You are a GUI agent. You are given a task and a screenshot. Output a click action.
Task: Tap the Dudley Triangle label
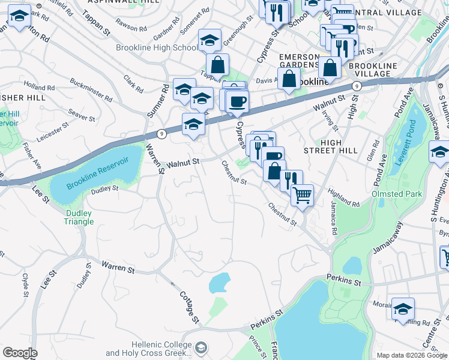[x=79, y=217]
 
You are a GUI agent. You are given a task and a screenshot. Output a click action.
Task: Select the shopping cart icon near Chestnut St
[x=302, y=194]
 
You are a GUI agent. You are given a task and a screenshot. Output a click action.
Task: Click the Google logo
[x=20, y=353]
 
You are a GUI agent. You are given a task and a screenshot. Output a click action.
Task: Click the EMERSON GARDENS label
[x=298, y=61]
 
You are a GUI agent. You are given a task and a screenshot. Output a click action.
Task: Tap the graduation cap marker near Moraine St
[x=403, y=309]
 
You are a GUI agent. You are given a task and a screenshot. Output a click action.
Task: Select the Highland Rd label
[x=343, y=199]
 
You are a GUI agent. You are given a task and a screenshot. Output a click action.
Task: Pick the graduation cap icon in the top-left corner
[x=20, y=17]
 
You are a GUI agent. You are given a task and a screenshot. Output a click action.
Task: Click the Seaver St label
[x=82, y=115]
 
